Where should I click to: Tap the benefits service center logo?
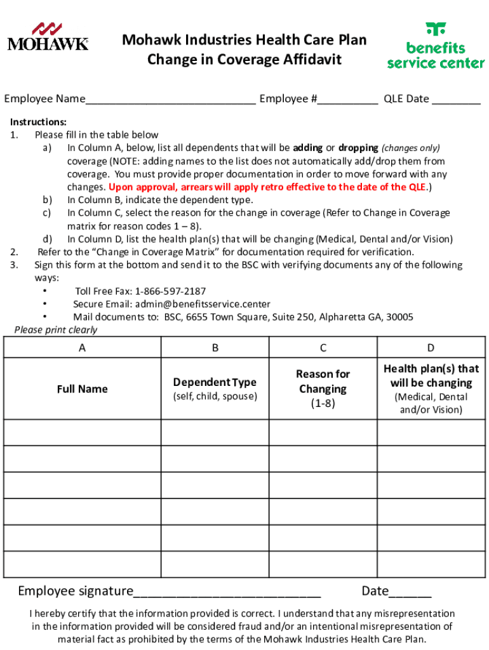pyautogui.click(x=436, y=46)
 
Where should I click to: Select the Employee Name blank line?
pyautogui.click(x=171, y=100)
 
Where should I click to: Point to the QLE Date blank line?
pyautogui.click(x=456, y=100)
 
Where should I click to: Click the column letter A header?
pyautogui.click(x=82, y=347)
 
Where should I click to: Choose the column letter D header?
pyautogui.click(x=431, y=347)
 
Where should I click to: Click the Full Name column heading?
pyautogui.click(x=82, y=389)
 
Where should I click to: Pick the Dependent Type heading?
pyautogui.click(x=215, y=382)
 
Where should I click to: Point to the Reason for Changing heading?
pyautogui.click(x=323, y=381)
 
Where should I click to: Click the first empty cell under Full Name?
pyautogui.click(x=82, y=432)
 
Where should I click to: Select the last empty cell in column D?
pyautogui.click(x=431, y=564)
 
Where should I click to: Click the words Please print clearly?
pyautogui.click(x=56, y=329)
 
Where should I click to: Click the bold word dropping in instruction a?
pyautogui.click(x=359, y=148)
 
